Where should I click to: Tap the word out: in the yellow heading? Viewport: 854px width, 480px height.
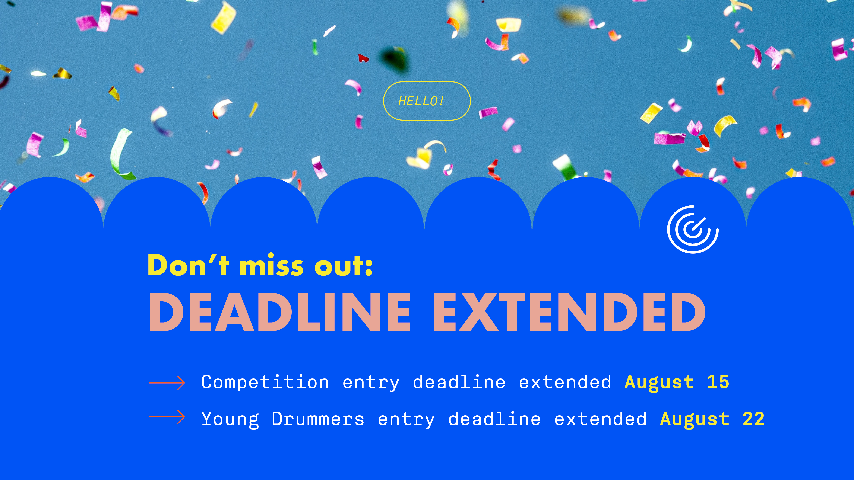(344, 265)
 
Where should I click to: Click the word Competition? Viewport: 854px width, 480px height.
(265, 383)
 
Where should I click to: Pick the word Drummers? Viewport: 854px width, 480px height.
(318, 419)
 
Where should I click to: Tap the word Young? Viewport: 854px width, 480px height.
(230, 420)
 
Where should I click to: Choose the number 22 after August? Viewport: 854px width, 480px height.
(754, 419)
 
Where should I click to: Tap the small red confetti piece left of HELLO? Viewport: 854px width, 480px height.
(363, 58)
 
